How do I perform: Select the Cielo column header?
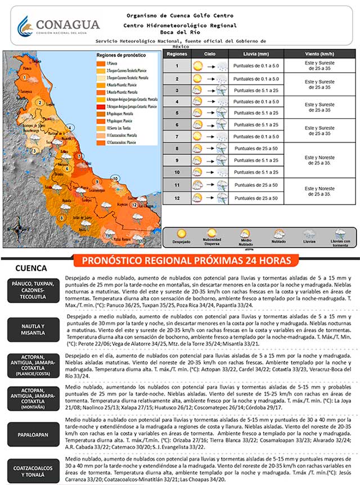(x=210, y=54)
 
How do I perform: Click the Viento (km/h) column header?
(x=315, y=54)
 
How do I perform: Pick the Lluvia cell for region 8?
(x=256, y=149)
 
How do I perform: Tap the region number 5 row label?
(x=177, y=113)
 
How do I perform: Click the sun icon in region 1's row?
(x=197, y=66)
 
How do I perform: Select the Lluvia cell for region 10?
(x=256, y=172)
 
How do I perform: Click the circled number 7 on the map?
(x=79, y=156)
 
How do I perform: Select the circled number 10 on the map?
(x=115, y=178)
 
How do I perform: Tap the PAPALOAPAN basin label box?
(x=31, y=434)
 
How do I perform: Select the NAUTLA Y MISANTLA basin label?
(x=31, y=330)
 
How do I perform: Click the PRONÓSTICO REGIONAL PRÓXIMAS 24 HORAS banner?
(x=186, y=261)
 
